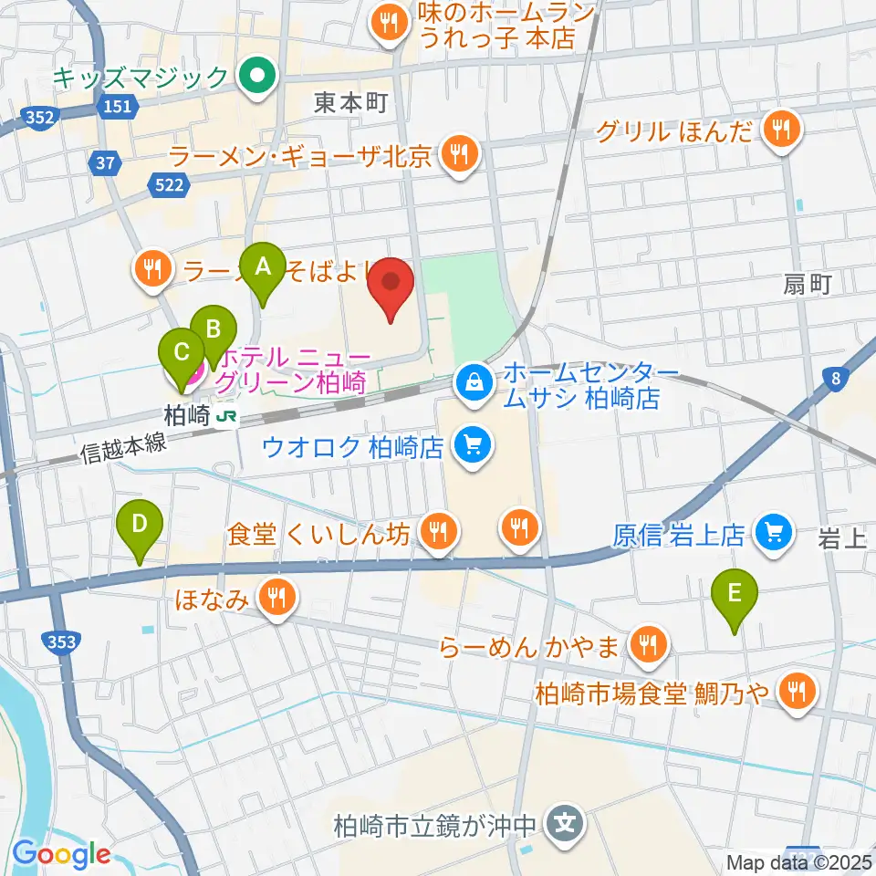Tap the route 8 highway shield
click(835, 378)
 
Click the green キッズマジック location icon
click(257, 77)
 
